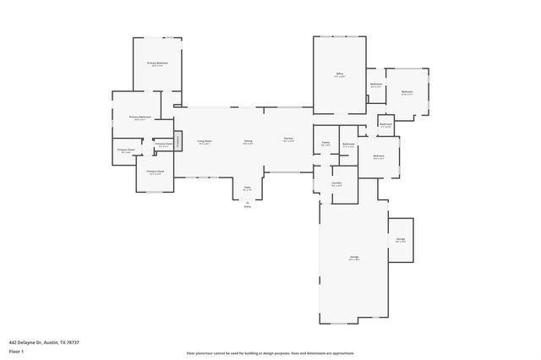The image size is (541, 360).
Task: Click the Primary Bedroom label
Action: point(157,63)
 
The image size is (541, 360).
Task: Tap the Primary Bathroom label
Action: point(139,117)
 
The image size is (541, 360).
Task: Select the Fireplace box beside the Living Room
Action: point(179,140)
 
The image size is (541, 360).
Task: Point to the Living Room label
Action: point(205,141)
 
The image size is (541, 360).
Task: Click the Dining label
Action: point(249,141)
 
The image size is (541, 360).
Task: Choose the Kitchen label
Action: point(288,139)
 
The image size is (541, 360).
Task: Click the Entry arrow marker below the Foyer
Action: point(248,204)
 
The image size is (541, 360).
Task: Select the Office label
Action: point(339,74)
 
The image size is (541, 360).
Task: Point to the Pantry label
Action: point(325,143)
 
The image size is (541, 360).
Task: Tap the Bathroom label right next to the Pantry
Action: point(349,145)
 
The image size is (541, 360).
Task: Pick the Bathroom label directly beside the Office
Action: point(376,84)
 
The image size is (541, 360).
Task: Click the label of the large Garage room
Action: point(354,258)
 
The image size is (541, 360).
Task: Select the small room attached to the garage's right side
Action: point(401,239)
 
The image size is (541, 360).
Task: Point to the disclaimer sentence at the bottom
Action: point(270,353)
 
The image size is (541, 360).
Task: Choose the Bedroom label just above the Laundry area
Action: point(380,156)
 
